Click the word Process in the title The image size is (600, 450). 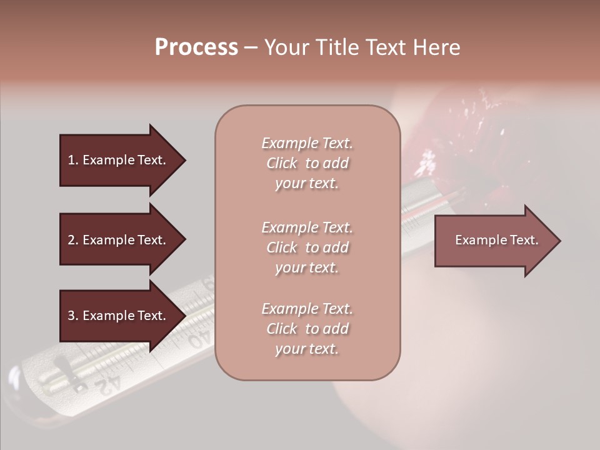196,47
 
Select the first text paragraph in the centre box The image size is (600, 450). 307,163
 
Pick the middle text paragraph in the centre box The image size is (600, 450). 307,247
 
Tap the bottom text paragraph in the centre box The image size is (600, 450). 307,329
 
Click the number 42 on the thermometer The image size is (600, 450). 106,383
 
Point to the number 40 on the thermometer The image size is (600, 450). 199,339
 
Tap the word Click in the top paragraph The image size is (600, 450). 282,163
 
